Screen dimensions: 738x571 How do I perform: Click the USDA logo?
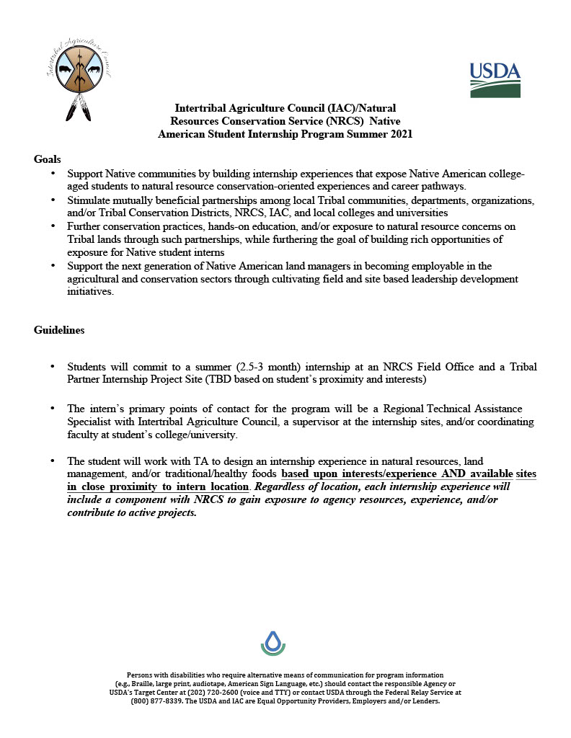point(495,79)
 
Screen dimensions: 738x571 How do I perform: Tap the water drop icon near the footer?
point(273,641)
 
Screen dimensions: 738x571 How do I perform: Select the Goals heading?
point(48,159)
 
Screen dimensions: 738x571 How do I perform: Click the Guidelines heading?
point(59,330)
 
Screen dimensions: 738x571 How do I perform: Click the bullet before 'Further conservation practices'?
point(53,226)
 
